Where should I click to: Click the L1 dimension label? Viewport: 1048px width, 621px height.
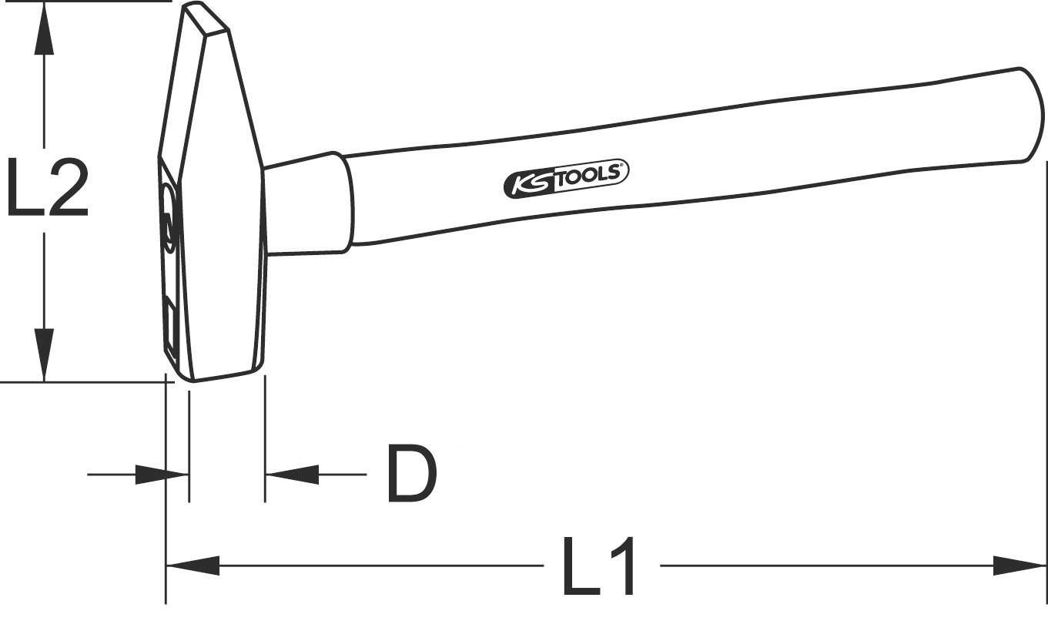pos(600,568)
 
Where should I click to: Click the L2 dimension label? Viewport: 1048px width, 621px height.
pos(46,187)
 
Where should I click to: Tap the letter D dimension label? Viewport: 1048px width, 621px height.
pos(411,475)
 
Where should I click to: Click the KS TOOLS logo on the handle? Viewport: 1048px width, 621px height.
pos(567,176)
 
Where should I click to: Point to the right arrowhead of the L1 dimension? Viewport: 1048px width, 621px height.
pos(1020,566)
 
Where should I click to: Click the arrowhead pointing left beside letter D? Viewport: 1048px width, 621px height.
pos(292,475)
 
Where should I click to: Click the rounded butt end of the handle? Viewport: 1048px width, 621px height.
pos(1032,116)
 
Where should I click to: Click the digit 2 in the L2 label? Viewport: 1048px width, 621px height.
pos(65,187)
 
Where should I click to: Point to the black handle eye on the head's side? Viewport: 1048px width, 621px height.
pos(168,223)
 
